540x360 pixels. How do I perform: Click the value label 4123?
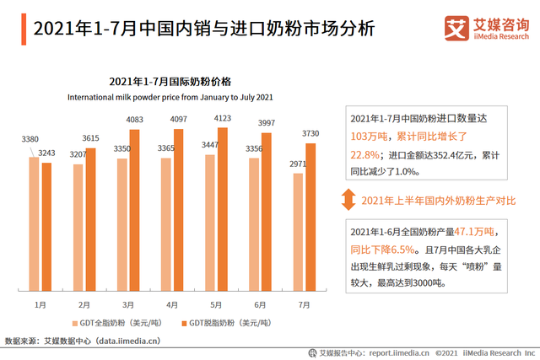coord(224,119)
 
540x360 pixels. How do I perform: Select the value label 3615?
coord(91,138)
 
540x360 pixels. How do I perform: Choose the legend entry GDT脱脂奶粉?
coord(222,324)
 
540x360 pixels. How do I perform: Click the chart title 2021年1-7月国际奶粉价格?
coord(170,81)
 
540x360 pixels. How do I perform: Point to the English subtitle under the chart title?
coord(170,96)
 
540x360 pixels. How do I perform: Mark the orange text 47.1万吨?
coord(475,232)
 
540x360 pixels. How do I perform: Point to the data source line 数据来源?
coord(83,341)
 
